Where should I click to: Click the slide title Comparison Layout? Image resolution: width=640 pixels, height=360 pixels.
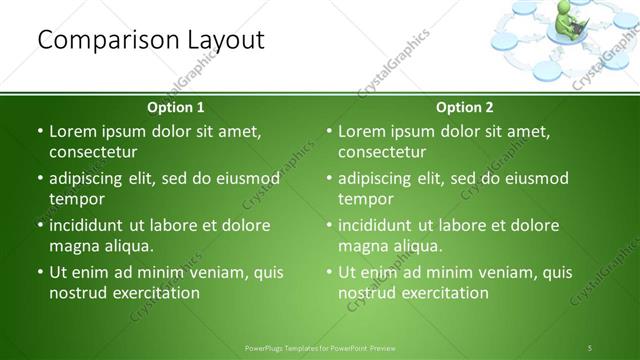point(150,40)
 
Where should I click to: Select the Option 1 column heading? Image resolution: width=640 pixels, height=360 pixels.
point(176,107)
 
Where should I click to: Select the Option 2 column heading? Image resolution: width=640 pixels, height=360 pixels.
point(465,107)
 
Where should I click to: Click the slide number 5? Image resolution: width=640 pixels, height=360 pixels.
point(591,348)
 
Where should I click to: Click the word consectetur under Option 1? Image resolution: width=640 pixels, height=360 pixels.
point(93,152)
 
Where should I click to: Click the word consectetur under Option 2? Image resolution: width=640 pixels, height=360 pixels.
point(382,152)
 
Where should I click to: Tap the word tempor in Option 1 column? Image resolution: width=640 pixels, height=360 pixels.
point(76,199)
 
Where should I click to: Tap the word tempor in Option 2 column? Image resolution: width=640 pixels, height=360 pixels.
point(365,199)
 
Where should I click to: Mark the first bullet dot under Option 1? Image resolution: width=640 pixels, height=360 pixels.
point(40,132)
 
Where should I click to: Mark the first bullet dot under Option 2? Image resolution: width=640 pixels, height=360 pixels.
point(329,132)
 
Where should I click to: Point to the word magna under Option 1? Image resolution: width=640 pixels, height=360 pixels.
point(73,246)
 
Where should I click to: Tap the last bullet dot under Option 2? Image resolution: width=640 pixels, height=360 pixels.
point(329,272)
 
